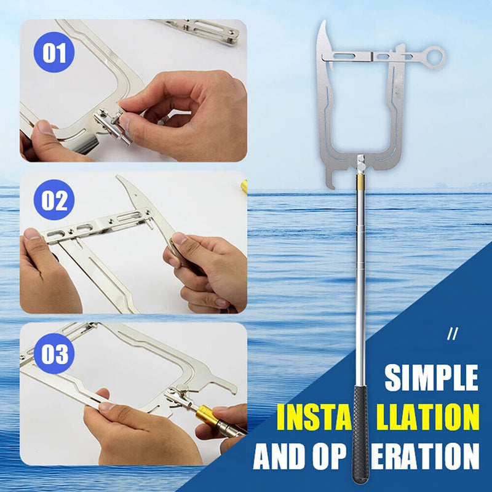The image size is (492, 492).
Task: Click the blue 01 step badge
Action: pyautogui.click(x=54, y=52)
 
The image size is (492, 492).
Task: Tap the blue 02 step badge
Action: pyautogui.click(x=54, y=200)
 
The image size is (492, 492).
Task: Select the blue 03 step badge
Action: pyautogui.click(x=54, y=355)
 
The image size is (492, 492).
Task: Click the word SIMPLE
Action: pyautogui.click(x=431, y=378)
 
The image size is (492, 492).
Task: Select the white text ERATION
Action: pyautogui.click(x=425, y=456)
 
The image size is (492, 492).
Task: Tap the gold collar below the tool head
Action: pyautogui.click(x=360, y=182)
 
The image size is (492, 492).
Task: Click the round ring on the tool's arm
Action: pyautogui.click(x=435, y=57)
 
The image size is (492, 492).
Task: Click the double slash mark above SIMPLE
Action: pyautogui.click(x=453, y=335)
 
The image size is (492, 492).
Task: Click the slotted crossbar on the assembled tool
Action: pyautogui.click(x=369, y=57)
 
